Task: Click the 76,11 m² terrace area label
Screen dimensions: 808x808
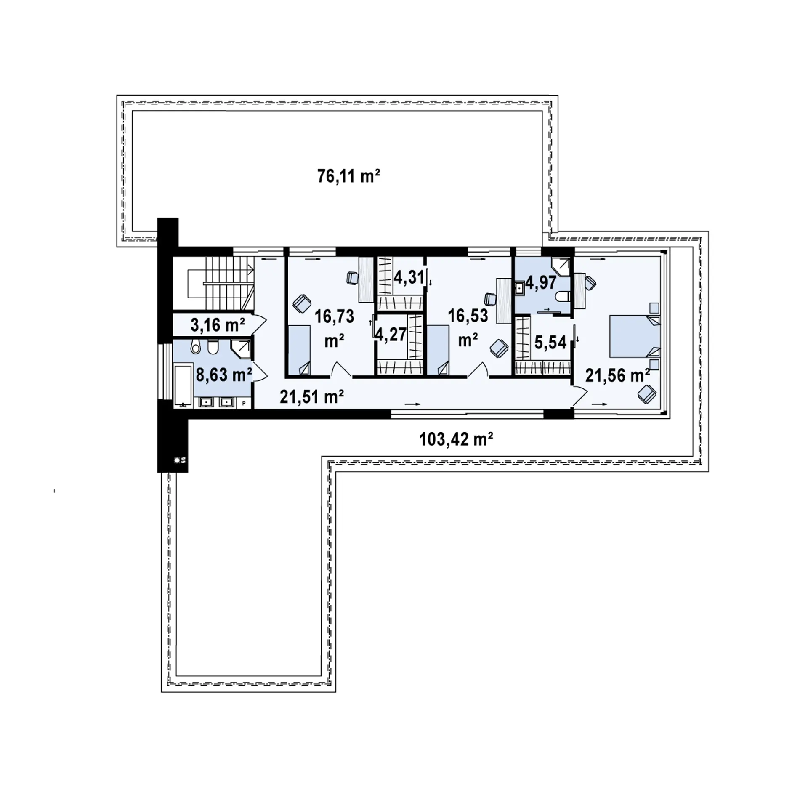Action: coord(348,176)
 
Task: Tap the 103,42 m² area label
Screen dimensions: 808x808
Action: coord(456,439)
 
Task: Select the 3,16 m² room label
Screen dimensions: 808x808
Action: coord(217,324)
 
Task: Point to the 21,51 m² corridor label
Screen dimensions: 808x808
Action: coord(312,396)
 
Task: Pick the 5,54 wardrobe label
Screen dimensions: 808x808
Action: coord(550,343)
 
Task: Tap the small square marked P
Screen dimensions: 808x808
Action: coord(244,403)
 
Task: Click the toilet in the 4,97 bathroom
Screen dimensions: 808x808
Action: coord(563,297)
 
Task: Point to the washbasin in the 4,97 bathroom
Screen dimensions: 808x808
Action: coord(520,288)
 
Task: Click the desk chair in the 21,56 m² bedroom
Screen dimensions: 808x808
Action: coord(590,283)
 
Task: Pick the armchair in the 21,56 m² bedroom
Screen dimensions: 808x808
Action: coord(646,394)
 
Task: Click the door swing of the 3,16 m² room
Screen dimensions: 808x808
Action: coord(259,323)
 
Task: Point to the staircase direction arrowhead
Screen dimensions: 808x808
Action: coord(251,268)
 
